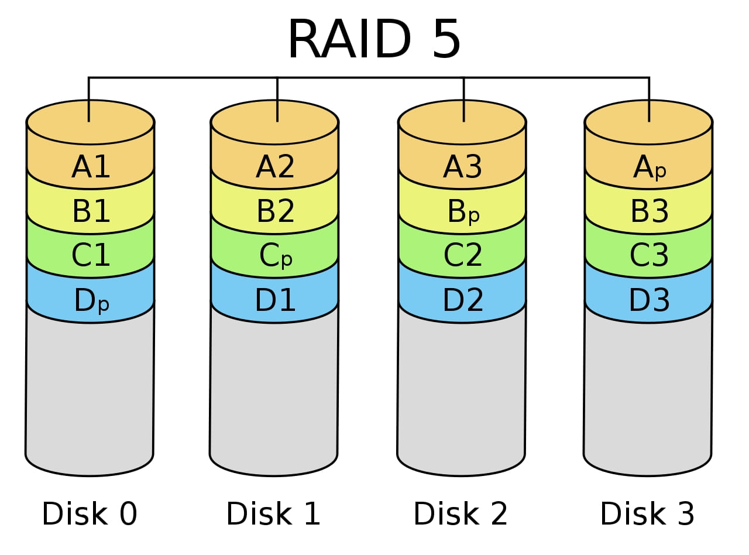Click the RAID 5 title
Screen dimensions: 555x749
[x=374, y=40]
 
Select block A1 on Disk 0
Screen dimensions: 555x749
[x=91, y=168]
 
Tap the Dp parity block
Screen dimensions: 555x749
[x=91, y=302]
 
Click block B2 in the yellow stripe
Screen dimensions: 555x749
[x=275, y=212]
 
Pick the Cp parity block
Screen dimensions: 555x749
[x=275, y=256]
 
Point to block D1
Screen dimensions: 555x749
[x=275, y=301]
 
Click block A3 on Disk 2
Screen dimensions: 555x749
[x=462, y=168]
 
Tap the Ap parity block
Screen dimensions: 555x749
[x=649, y=169]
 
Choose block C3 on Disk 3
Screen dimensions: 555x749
[x=649, y=256]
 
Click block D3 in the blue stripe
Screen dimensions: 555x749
[x=649, y=301]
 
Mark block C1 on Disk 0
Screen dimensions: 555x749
[x=91, y=256]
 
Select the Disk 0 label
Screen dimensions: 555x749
[x=90, y=514]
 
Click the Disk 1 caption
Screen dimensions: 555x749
[x=274, y=514]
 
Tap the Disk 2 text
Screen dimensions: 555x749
[x=461, y=514]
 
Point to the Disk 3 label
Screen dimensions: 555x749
[x=648, y=514]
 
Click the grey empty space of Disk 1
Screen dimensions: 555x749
[x=274, y=392]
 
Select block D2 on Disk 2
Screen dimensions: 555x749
[x=462, y=301]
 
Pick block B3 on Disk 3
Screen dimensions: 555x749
[x=649, y=212]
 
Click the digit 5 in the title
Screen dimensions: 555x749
[x=446, y=40]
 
